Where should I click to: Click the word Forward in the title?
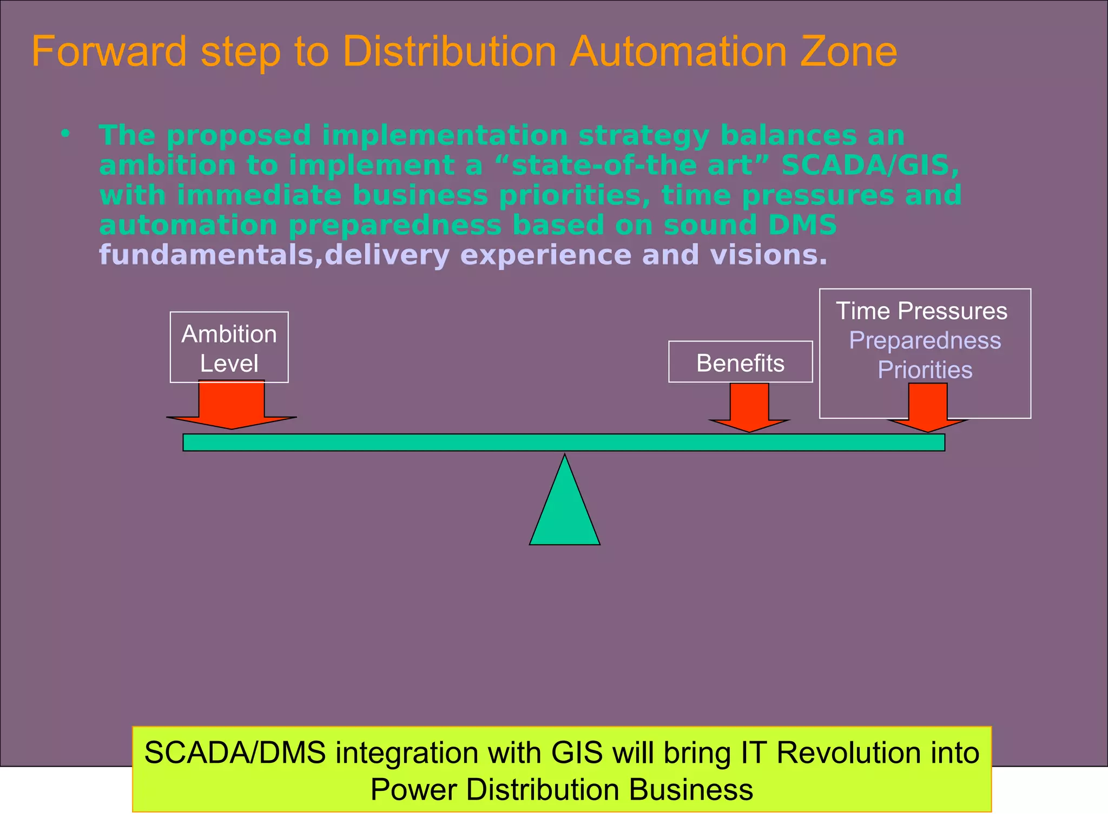[109, 52]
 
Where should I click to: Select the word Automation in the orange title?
[678, 52]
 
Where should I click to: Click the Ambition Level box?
[229, 347]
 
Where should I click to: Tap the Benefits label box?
[740, 362]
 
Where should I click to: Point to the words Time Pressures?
[921, 311]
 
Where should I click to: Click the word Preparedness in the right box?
[925, 340]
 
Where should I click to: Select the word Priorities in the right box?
[925, 370]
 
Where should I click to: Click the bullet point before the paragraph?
[65, 133]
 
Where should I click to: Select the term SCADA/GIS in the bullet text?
[869, 165]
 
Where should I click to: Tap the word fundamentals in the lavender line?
[206, 255]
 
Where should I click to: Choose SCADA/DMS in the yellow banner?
[235, 753]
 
